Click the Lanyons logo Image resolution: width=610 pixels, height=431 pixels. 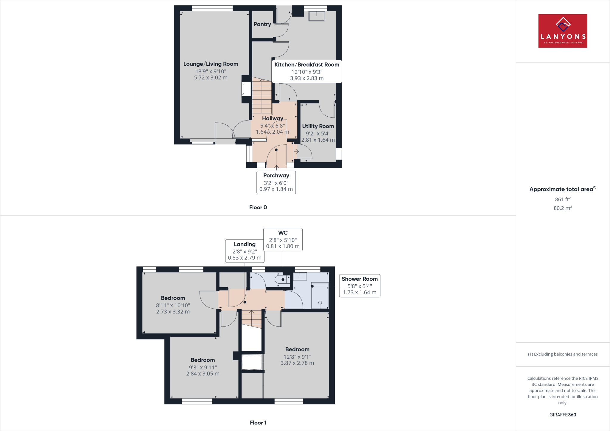point(563,31)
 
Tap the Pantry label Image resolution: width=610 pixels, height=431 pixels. point(262,24)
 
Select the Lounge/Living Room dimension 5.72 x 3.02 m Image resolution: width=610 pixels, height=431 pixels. point(211,78)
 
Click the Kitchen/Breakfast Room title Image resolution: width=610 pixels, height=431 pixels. point(306,65)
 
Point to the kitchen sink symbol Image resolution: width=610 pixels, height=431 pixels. point(316,16)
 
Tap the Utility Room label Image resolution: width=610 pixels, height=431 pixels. point(318,126)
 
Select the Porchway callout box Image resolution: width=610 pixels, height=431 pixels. point(276,182)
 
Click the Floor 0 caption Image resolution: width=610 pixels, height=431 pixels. point(258,207)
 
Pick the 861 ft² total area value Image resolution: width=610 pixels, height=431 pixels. point(562,199)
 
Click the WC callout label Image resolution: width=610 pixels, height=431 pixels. point(283,233)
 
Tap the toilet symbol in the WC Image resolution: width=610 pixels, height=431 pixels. point(282,279)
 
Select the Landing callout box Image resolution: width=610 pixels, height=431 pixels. point(245,251)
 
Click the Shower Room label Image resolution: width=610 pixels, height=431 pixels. point(360,279)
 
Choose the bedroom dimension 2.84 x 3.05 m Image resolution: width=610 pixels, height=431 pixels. point(203,374)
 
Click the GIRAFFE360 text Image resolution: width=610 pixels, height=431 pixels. point(563,415)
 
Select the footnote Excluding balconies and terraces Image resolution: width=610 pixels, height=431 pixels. point(563,354)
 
